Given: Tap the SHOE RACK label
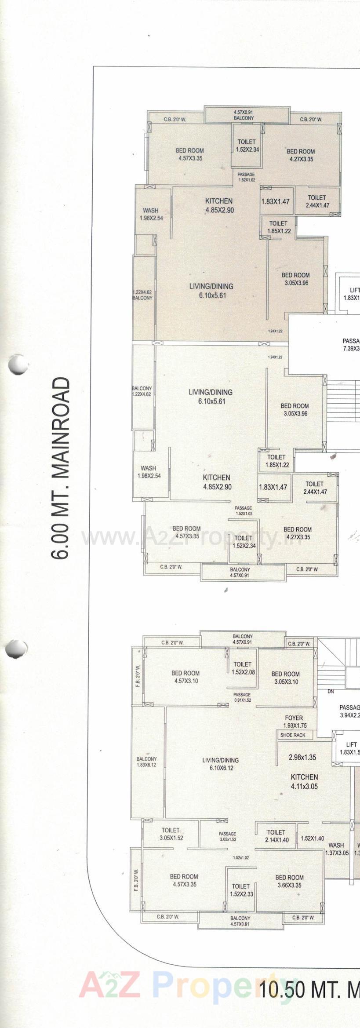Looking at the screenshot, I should pyautogui.click(x=293, y=735).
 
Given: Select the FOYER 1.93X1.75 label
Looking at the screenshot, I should pyautogui.click(x=294, y=722).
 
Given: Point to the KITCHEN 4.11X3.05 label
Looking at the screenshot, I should pyautogui.click(x=304, y=782).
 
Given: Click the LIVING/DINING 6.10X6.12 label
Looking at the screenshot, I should pyautogui.click(x=221, y=764).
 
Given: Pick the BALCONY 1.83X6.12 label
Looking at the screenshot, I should pyautogui.click(x=146, y=762).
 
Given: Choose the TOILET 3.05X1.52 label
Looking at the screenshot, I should pyautogui.click(x=171, y=834).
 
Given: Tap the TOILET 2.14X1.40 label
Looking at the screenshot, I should pyautogui.click(x=276, y=836).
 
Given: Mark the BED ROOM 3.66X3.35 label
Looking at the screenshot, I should pyautogui.click(x=290, y=881).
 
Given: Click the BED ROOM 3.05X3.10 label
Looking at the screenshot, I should pyautogui.click(x=285, y=678).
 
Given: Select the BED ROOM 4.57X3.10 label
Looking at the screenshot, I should pyautogui.click(x=185, y=677).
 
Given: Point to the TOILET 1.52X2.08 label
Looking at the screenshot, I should pyautogui.click(x=243, y=668).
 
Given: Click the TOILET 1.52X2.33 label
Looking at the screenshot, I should pyautogui.click(x=241, y=890).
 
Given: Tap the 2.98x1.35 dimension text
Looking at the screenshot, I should pyautogui.click(x=302, y=757).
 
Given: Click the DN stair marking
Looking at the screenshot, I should pyautogui.click(x=331, y=692).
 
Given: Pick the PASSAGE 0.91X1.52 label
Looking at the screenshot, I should pyautogui.click(x=242, y=697).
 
